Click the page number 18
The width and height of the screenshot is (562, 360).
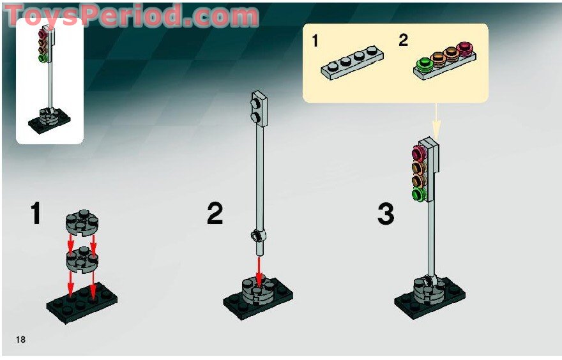tap(21, 339)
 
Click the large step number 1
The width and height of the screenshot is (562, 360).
tap(35, 214)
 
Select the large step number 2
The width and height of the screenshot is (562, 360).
tap(215, 214)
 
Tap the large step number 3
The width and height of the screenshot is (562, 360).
tap(385, 214)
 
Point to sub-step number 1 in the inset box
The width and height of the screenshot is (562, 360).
tap(314, 41)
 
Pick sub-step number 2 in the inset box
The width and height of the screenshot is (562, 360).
tap(403, 41)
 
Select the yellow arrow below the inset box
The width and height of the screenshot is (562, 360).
tap(436, 121)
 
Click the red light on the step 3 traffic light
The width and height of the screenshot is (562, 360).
tap(420, 153)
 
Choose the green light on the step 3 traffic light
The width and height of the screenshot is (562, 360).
tap(418, 193)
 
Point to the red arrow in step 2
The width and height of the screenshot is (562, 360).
tap(259, 268)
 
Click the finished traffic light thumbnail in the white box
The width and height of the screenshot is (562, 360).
tap(49, 80)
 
